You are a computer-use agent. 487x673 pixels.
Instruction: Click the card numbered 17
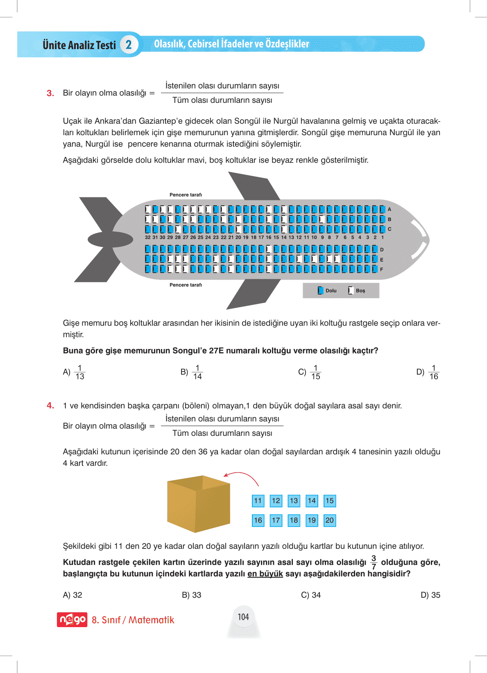pyautogui.click(x=276, y=520)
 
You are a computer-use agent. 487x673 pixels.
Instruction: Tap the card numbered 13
pyautogui.click(x=294, y=501)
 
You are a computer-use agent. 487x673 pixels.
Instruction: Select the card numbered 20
pyautogui.click(x=330, y=520)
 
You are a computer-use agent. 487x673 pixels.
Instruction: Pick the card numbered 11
pyautogui.click(x=258, y=501)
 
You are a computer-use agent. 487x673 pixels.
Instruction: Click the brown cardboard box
pyautogui.click(x=199, y=504)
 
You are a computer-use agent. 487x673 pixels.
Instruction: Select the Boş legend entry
pyautogui.click(x=356, y=290)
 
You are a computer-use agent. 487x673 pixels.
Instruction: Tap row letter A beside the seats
pyautogui.click(x=390, y=209)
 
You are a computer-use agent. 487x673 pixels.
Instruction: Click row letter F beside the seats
pyautogui.click(x=382, y=270)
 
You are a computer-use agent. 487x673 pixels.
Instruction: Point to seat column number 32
pyautogui.click(x=147, y=237)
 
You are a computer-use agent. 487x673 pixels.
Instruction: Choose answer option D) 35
pyautogui.click(x=430, y=595)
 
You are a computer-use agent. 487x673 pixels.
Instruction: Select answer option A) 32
pyautogui.click(x=72, y=595)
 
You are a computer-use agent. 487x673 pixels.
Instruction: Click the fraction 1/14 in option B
pyautogui.click(x=197, y=372)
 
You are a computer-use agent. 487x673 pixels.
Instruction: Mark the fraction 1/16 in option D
pyautogui.click(x=433, y=372)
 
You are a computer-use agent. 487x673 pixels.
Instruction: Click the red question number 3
pyautogui.click(x=50, y=93)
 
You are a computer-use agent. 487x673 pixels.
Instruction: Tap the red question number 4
pyautogui.click(x=50, y=406)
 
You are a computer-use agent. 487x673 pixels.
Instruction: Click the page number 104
pyautogui.click(x=243, y=617)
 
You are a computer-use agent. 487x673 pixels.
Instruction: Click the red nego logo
pyautogui.click(x=72, y=620)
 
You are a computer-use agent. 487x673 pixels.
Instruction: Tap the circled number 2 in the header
pyautogui.click(x=129, y=45)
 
